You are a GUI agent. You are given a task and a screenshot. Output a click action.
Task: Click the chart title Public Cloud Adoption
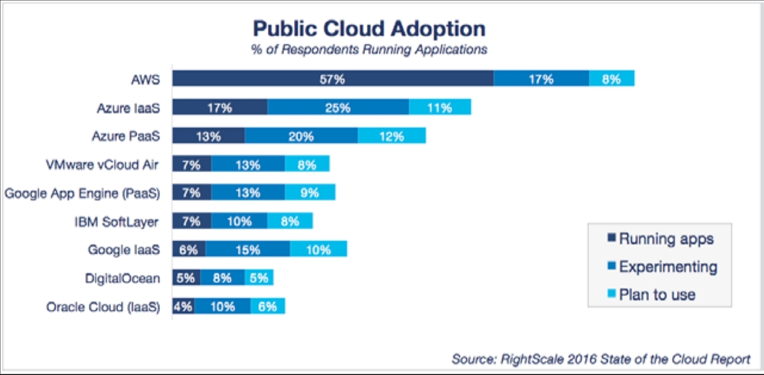click(x=369, y=29)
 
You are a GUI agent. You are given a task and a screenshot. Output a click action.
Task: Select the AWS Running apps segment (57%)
click(x=333, y=79)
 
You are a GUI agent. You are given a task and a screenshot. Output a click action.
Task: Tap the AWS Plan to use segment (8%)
click(x=611, y=79)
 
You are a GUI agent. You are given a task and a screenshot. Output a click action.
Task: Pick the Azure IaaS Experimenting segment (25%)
click(x=338, y=107)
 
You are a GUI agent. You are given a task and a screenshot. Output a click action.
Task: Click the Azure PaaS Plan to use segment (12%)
click(x=391, y=135)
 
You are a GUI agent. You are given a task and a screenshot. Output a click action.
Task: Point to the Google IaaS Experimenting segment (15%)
click(x=247, y=250)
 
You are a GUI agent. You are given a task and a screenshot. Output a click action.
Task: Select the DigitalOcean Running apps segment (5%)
click(x=186, y=278)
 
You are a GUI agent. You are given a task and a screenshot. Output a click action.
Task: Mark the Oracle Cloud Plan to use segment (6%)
click(x=267, y=306)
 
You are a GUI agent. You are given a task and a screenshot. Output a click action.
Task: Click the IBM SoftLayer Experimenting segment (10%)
click(x=239, y=221)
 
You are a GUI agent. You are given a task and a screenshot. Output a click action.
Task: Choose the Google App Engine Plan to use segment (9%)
click(x=310, y=193)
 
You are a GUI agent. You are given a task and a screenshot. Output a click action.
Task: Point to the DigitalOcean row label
click(x=122, y=278)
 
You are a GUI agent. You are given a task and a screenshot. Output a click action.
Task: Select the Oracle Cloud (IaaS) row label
click(x=103, y=307)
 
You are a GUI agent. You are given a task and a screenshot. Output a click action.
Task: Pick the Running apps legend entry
click(x=660, y=239)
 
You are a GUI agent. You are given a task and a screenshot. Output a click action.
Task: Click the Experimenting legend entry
click(x=662, y=266)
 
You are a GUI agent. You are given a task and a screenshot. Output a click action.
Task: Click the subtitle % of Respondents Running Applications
click(x=369, y=49)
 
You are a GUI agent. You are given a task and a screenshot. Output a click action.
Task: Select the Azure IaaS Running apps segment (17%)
click(x=219, y=107)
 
